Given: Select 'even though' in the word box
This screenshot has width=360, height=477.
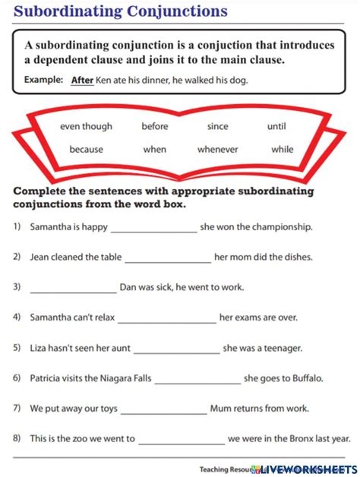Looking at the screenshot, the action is click(86, 127).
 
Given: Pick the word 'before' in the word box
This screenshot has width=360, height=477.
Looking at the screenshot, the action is click(155, 127).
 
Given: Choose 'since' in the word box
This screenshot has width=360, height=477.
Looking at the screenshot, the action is click(217, 127).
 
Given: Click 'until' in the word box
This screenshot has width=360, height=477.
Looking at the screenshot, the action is click(276, 127).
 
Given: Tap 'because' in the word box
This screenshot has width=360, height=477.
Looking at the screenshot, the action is click(86, 150).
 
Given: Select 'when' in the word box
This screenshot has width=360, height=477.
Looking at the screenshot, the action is click(155, 150).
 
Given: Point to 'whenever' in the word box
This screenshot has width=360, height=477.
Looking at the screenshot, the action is click(217, 150).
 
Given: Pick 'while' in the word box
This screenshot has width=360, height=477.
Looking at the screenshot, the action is click(282, 150).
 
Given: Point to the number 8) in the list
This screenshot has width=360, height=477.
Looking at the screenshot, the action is click(17, 438).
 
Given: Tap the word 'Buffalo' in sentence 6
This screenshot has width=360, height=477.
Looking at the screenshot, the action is click(305, 377).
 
